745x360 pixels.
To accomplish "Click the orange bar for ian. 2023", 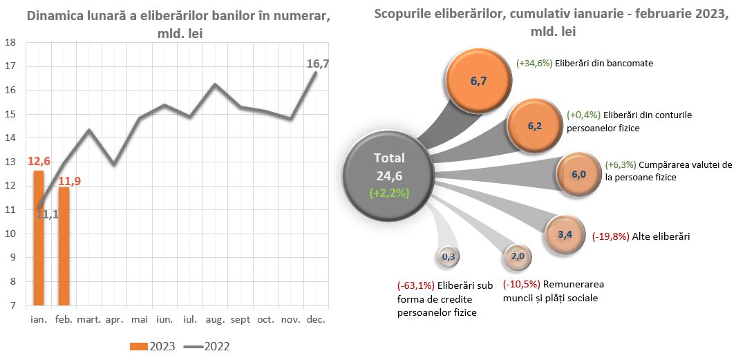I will point(39,238).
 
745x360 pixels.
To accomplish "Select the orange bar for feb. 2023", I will point(64,247).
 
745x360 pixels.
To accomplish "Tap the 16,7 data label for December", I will point(317,64).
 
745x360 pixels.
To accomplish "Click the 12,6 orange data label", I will point(39,161).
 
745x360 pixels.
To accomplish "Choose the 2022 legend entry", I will point(207,346).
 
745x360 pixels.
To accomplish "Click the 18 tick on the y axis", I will point(10,42).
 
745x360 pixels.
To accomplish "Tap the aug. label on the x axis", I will point(215,320).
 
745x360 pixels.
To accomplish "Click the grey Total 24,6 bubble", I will point(389,176).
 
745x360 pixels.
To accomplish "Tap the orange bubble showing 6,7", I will point(478,81).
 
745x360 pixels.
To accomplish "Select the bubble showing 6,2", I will point(534,126).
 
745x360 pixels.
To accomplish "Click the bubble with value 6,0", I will point(578,175).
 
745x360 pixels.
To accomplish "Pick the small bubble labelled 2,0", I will point(518,256).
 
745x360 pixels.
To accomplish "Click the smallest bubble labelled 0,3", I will point(448,257).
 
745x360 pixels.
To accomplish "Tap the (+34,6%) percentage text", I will point(534,63).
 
